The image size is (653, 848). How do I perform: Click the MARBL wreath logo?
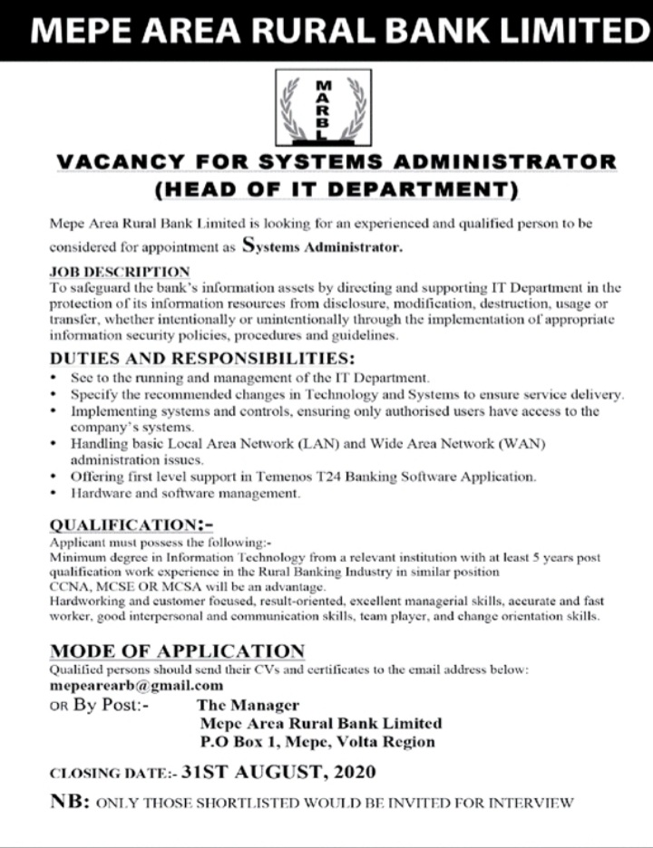pyautogui.click(x=326, y=109)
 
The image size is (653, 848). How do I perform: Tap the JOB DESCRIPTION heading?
pyautogui.click(x=119, y=271)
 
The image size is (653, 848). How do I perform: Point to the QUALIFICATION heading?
pyautogui.click(x=122, y=525)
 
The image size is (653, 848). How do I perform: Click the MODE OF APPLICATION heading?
pyautogui.click(x=177, y=651)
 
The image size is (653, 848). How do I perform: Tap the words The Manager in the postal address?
pyautogui.click(x=249, y=704)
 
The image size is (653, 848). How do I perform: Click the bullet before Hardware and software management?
pyautogui.click(x=55, y=494)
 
